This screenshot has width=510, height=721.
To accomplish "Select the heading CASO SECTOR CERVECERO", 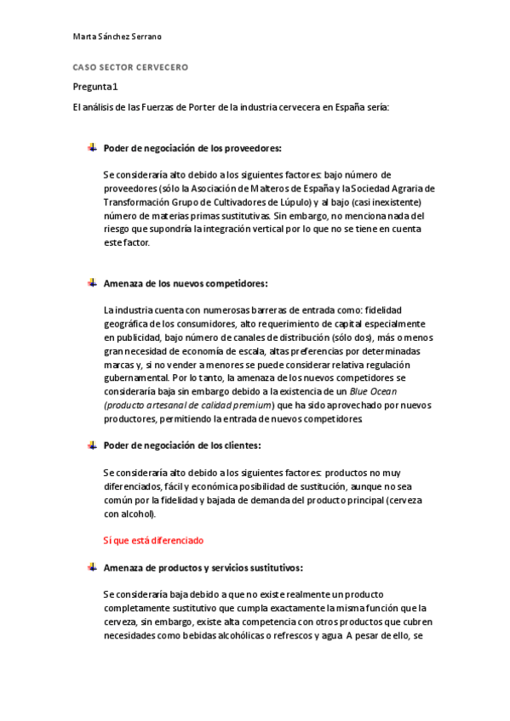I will [x=130, y=66].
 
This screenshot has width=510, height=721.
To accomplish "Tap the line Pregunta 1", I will [x=95, y=86].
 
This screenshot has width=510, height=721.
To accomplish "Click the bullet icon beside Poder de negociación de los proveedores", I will [x=92, y=148].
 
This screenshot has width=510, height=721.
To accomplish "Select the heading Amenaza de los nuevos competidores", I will [x=185, y=283].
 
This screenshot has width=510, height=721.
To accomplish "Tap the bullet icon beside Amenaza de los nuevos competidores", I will [x=92, y=283].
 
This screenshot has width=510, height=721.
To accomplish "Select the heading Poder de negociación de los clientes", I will [x=181, y=445].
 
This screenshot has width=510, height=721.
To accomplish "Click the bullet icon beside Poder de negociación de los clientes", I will [x=92, y=445].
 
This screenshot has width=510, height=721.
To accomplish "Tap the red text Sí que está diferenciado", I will [x=153, y=540].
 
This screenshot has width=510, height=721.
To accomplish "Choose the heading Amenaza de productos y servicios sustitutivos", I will [x=203, y=567].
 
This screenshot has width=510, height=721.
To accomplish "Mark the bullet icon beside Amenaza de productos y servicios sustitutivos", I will [x=92, y=567].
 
